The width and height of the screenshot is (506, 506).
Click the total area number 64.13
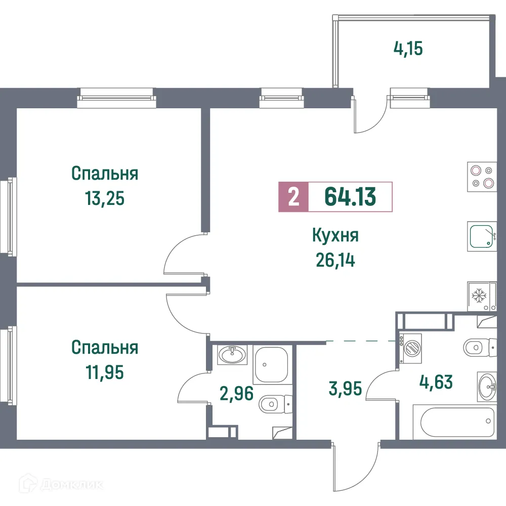(350, 196)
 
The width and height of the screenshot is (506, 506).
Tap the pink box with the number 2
(293, 196)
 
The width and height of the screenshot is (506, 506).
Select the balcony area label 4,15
(407, 49)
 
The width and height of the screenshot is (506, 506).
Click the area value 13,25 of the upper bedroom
(105, 198)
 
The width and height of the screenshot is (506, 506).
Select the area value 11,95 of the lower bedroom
(105, 373)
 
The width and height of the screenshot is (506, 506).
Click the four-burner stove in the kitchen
(481, 177)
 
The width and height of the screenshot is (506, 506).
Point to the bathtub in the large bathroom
(453, 421)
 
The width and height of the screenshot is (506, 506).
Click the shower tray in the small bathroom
(271, 365)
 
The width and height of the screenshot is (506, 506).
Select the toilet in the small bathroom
(274, 404)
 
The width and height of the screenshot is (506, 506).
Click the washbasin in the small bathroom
(232, 354)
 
